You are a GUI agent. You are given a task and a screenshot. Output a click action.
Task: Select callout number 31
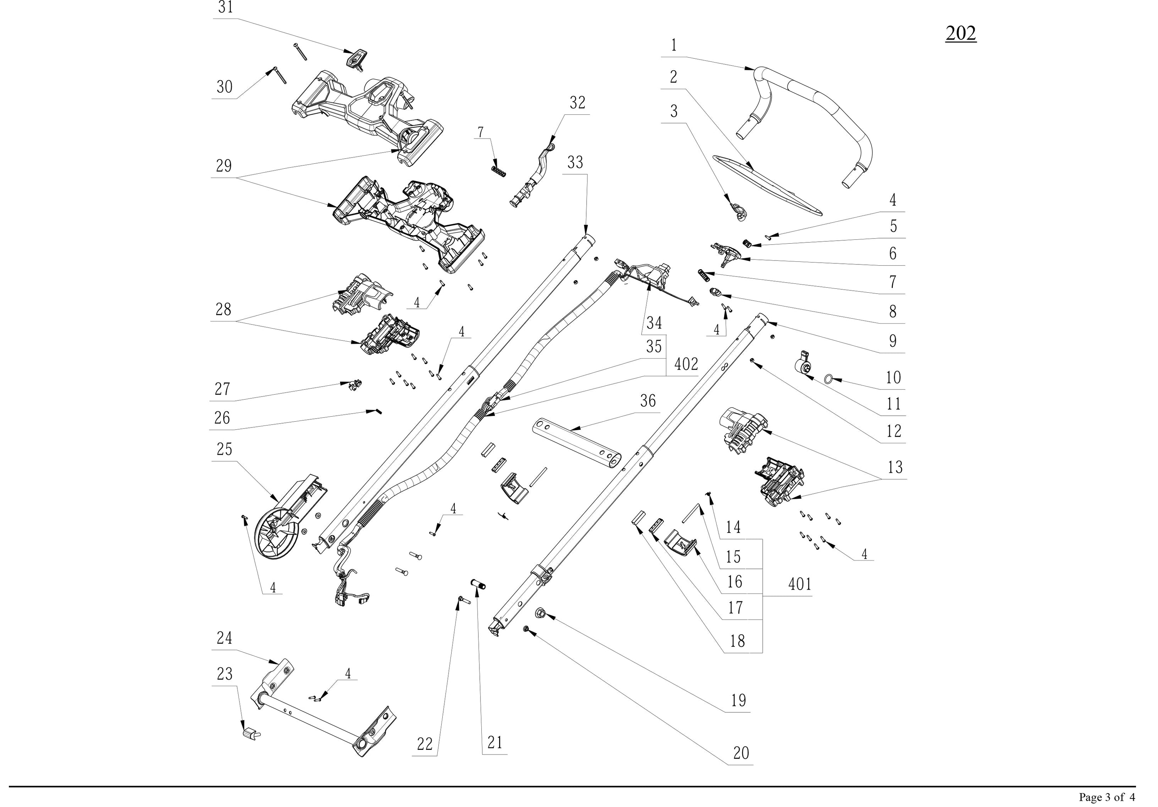coord(225,8)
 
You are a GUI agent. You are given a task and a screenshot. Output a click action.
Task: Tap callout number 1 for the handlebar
coord(674,46)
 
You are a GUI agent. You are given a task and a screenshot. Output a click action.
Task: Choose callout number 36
coord(648,401)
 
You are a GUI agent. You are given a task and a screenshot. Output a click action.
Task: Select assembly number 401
coord(800,584)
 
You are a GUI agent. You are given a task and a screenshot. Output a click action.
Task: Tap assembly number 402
coord(686,364)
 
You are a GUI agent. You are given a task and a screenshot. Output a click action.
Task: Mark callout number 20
coord(741,753)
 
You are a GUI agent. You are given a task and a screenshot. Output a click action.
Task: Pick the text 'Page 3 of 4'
coord(1107,797)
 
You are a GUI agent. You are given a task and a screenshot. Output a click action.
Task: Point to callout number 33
coord(575,163)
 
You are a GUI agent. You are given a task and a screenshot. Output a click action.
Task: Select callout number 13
coord(895,467)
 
